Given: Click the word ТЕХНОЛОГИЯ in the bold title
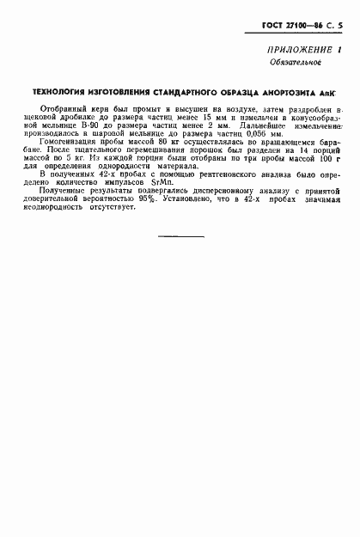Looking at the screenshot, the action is (63, 91).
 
